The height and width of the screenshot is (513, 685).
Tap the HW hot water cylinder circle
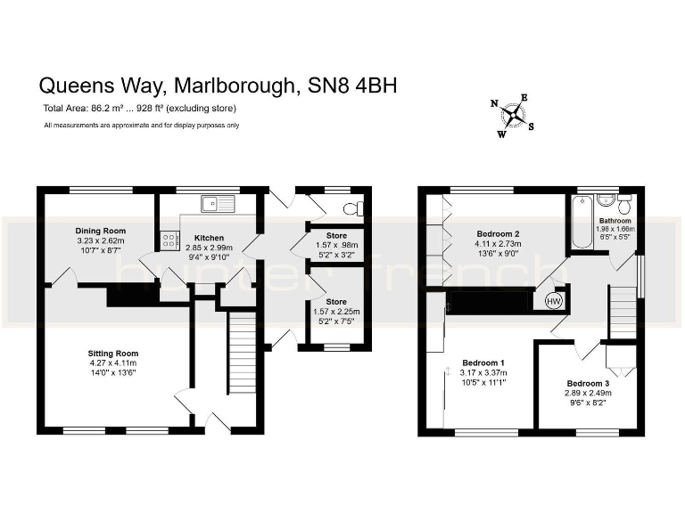pos(554,301)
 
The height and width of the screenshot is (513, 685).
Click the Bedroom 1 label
pos(483,362)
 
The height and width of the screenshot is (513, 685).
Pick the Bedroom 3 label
pos(588,384)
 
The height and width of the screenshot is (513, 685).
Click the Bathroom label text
pos(615,220)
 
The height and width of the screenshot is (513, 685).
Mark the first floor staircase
pos(623,311)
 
